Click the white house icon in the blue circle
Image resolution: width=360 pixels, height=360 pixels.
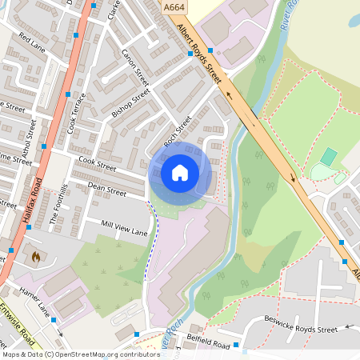(180, 172)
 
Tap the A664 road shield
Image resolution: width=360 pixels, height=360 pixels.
(174, 7)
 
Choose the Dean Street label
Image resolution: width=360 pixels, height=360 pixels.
(106, 189)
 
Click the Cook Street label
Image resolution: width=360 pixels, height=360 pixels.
(97, 164)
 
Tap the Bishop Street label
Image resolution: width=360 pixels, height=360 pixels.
(130, 103)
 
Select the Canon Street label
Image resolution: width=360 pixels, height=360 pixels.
(135, 67)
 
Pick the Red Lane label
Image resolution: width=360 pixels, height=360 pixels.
(33, 42)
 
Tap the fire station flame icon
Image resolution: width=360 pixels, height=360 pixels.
(34, 257)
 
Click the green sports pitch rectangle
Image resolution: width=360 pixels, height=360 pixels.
(328, 157)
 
